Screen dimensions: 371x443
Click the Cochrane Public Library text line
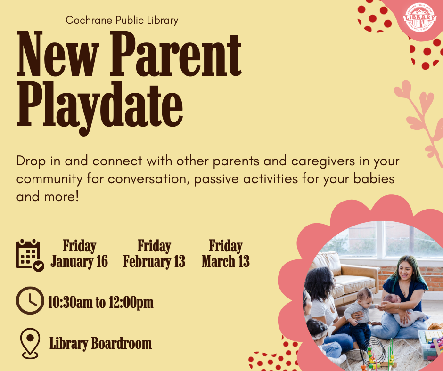point(122,20)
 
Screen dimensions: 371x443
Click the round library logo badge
point(419,17)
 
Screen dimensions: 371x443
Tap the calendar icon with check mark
point(29,255)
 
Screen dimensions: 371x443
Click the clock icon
point(29,300)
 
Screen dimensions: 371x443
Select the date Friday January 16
point(79,254)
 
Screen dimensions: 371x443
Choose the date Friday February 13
point(154,254)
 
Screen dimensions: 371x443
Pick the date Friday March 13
point(226,254)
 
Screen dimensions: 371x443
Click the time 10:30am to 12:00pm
point(100,302)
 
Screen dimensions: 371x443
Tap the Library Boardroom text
point(100,344)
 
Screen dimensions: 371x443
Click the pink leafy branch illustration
point(419,118)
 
